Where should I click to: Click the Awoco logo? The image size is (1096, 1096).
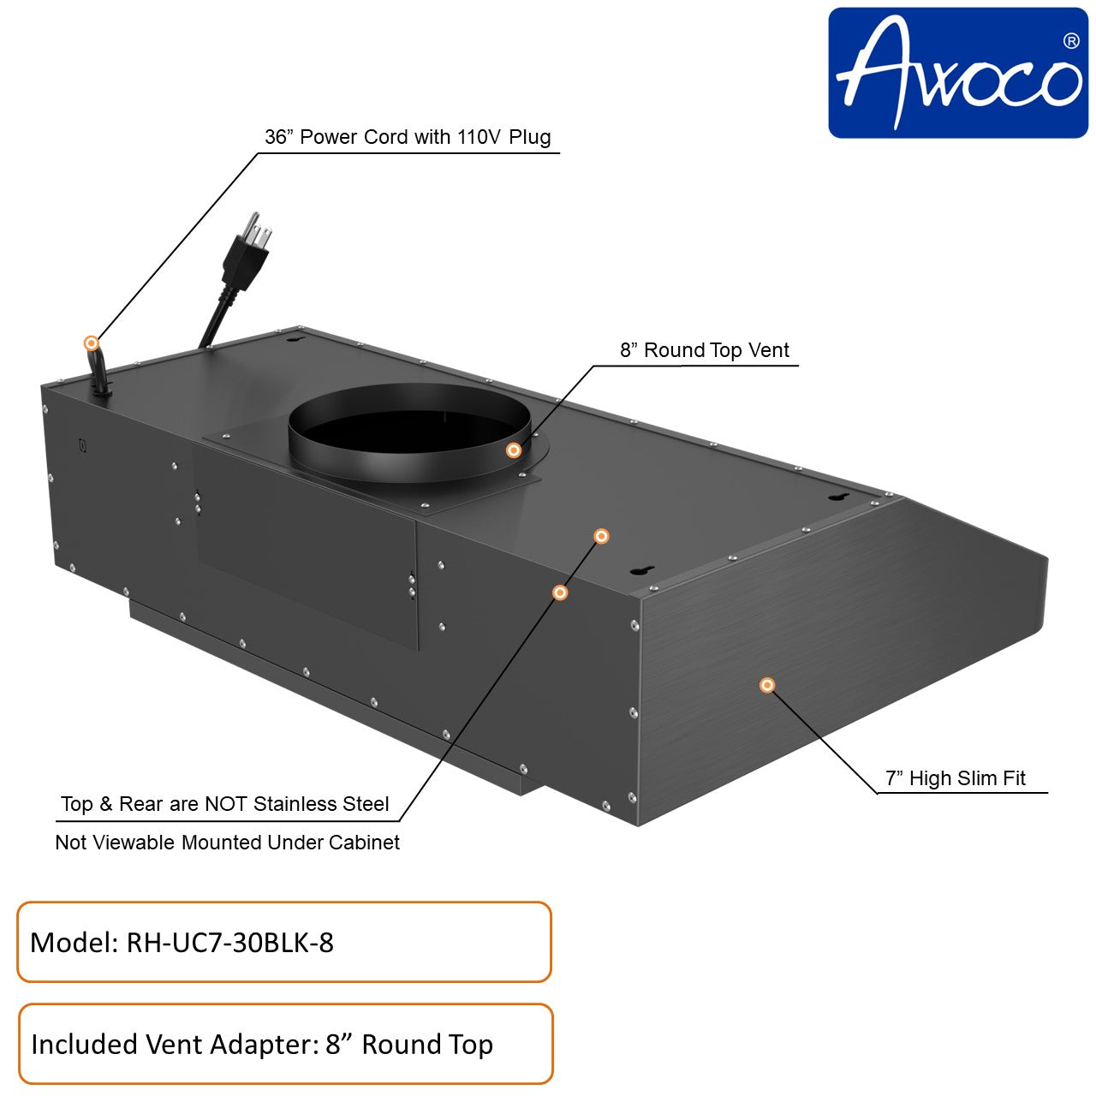pos(957,73)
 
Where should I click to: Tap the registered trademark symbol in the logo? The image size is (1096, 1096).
pos(1070,40)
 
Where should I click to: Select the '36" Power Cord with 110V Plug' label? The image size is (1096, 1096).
pos(408,137)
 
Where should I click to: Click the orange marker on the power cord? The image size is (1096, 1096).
pos(91,343)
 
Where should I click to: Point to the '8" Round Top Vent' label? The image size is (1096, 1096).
pos(704,350)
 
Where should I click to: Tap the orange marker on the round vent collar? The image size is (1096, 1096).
pos(513,450)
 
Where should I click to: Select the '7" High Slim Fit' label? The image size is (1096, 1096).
pos(955,778)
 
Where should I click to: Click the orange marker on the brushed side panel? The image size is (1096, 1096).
pos(767,685)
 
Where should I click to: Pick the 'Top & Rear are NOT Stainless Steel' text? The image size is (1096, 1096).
pos(224,804)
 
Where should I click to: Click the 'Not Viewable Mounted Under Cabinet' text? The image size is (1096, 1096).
pos(227,843)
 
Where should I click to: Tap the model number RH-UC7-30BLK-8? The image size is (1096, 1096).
pos(229,943)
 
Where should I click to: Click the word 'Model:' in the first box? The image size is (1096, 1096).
pos(74,943)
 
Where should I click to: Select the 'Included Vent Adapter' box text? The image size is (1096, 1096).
pos(261,1045)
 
